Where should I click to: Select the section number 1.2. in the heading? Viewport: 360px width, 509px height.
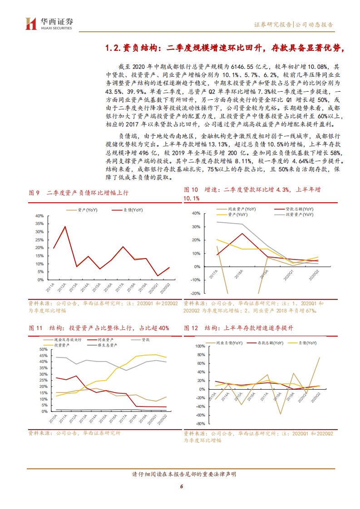click(x=112, y=48)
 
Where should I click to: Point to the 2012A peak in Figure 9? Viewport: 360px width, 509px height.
click(x=65, y=226)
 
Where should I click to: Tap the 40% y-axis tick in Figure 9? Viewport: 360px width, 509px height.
click(x=40, y=215)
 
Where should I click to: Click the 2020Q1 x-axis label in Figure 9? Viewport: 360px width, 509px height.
click(x=156, y=289)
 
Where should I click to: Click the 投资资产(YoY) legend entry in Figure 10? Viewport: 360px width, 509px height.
click(x=298, y=214)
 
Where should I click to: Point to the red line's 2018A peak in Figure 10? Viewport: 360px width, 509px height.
click(x=242, y=234)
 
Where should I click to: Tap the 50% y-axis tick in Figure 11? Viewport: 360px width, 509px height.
click(x=44, y=349)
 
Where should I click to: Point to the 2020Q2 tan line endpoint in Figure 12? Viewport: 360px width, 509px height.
click(x=319, y=357)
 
